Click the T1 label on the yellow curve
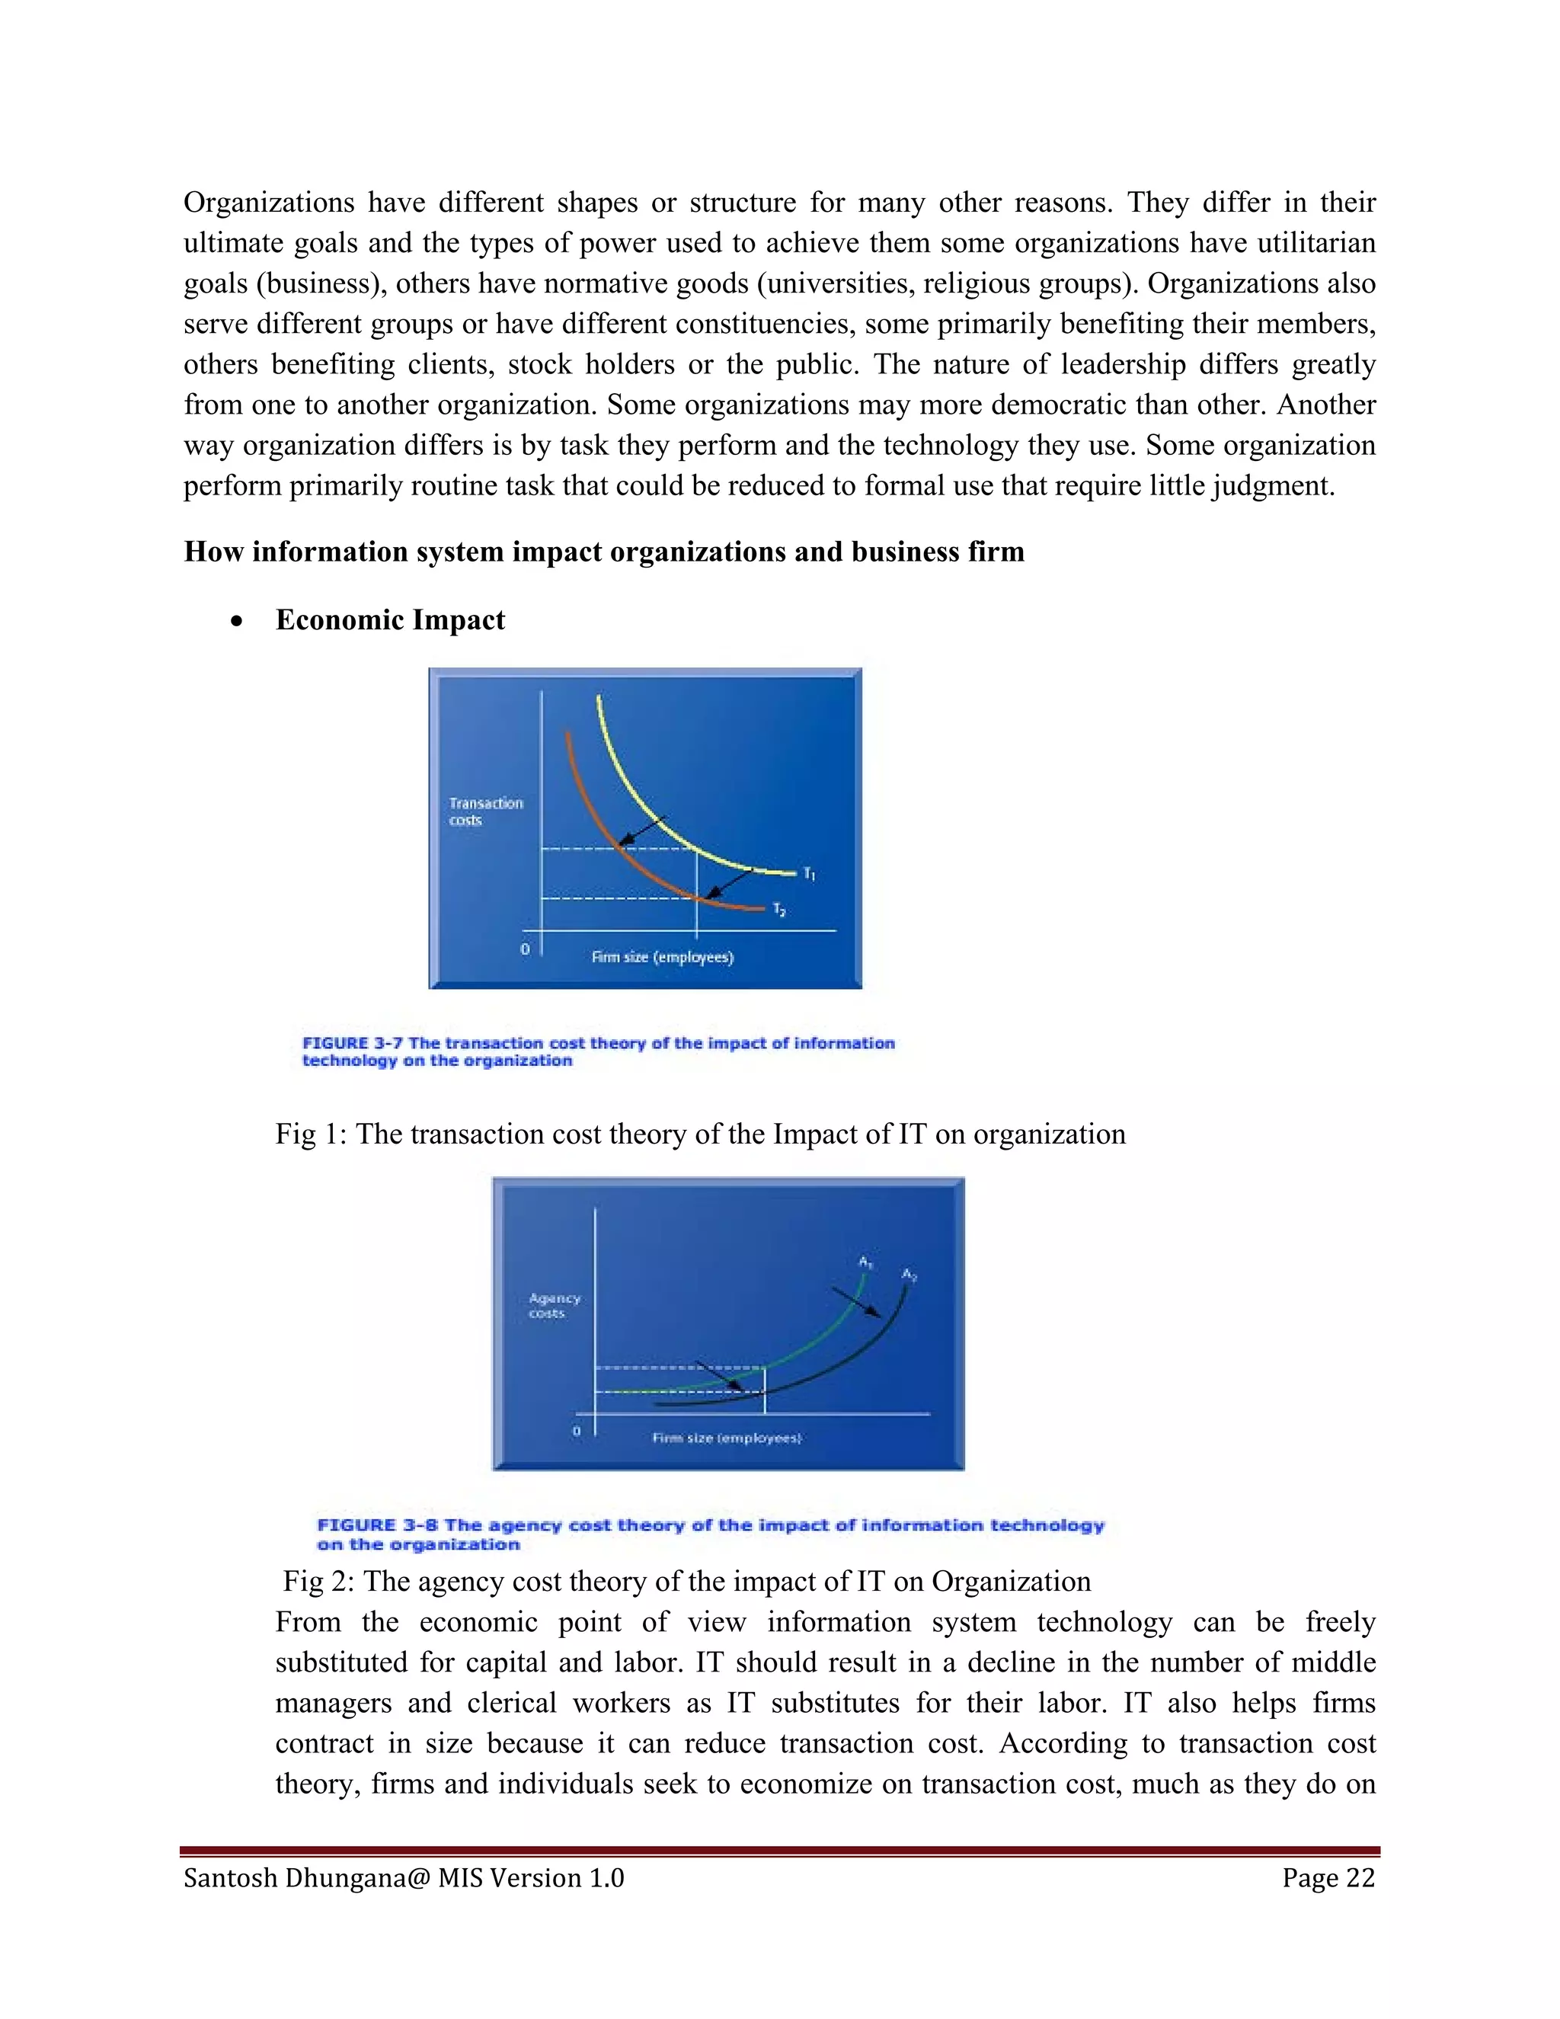[x=809, y=874]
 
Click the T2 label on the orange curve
[x=779, y=910]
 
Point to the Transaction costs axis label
[x=485, y=811]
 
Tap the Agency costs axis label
[x=554, y=1305]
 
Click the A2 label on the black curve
[x=909, y=1275]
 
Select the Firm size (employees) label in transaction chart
[x=662, y=957]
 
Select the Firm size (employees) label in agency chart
[x=727, y=1438]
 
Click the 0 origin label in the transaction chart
[x=525, y=949]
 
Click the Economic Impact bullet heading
[x=390, y=619]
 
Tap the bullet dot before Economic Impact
[x=238, y=621]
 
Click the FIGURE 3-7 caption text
[x=598, y=1051]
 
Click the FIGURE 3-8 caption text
[x=710, y=1534]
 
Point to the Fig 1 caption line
[x=699, y=1134]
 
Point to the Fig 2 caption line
[x=686, y=1581]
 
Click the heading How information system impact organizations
[x=603, y=551]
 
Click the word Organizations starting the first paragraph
[x=268, y=203]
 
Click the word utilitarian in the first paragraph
[x=1316, y=243]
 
